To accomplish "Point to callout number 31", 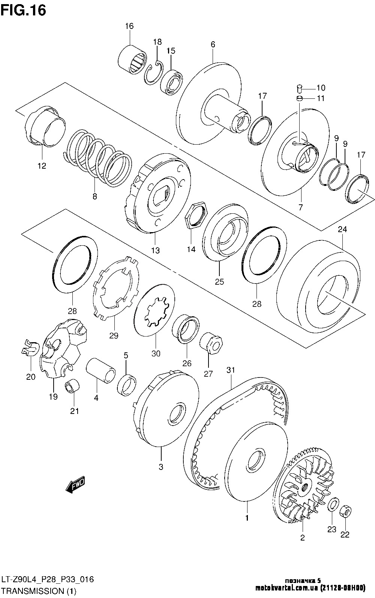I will tap(230, 370).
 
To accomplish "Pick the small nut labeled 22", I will tap(346, 511).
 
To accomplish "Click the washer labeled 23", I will tap(333, 505).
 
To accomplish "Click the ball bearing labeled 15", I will tap(171, 80).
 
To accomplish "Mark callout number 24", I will tap(342, 229).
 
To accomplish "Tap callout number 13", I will tap(155, 250).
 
